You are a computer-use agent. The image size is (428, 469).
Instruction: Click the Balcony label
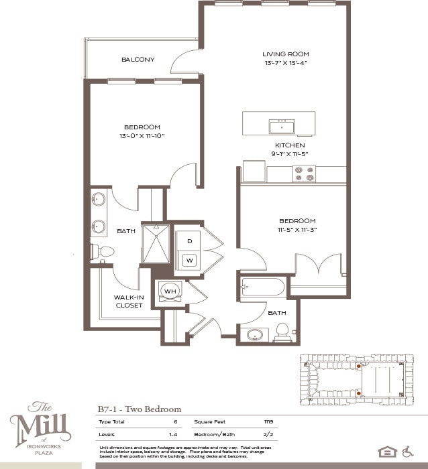(138, 60)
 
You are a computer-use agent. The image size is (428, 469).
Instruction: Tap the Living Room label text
(285, 54)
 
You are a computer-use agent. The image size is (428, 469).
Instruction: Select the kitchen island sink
(282, 127)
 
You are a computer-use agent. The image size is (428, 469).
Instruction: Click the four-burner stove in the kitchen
(303, 174)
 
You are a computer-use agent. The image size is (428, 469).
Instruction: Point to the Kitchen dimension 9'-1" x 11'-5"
(290, 154)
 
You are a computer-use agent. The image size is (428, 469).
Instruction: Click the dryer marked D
(189, 241)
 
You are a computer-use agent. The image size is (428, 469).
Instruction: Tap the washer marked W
(189, 260)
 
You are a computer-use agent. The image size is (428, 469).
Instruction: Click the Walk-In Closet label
(129, 301)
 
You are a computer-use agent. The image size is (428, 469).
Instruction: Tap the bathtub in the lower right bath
(262, 287)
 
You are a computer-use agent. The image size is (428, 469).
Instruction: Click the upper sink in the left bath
(99, 200)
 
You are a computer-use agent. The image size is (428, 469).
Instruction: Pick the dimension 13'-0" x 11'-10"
(142, 136)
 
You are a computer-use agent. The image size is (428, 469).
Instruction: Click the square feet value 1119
(269, 422)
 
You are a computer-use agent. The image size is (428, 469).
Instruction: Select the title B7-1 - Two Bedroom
(140, 409)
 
